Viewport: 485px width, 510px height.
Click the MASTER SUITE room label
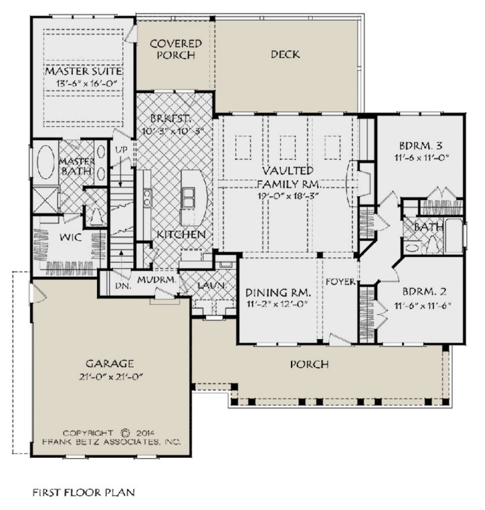(84, 71)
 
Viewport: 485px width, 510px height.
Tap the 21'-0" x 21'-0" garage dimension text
(111, 376)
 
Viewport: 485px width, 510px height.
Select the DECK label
(285, 55)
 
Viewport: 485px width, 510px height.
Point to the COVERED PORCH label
(176, 49)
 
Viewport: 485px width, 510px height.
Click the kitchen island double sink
(188, 197)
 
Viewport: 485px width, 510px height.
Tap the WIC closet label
(70, 237)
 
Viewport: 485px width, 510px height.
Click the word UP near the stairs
(122, 150)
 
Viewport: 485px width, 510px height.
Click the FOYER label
(340, 282)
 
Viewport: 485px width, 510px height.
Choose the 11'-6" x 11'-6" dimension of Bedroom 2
(422, 306)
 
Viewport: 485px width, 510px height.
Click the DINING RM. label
(278, 293)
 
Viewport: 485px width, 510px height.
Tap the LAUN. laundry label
(212, 285)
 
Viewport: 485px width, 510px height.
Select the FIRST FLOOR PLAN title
(84, 492)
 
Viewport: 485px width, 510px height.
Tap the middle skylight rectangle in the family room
(288, 147)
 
